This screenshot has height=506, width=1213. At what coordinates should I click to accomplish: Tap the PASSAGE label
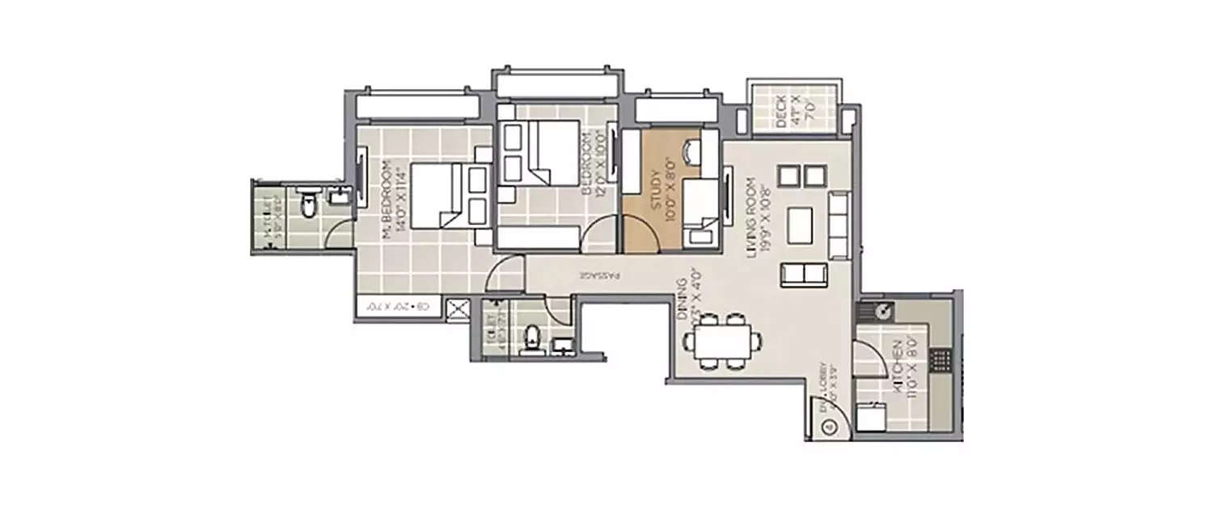pos(599,275)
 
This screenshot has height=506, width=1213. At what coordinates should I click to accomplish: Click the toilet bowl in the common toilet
pos(531,339)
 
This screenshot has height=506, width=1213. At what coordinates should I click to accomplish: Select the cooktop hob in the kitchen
pos(940,359)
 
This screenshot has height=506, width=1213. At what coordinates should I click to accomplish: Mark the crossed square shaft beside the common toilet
pos(459,308)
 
